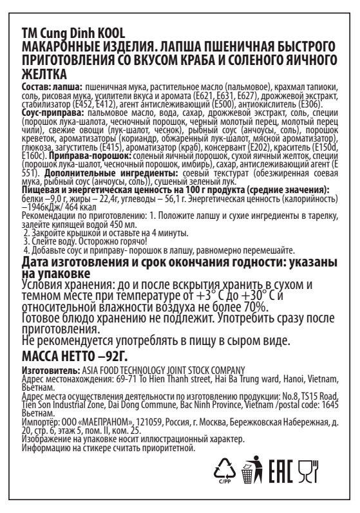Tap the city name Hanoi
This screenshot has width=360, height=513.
(274, 377)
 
